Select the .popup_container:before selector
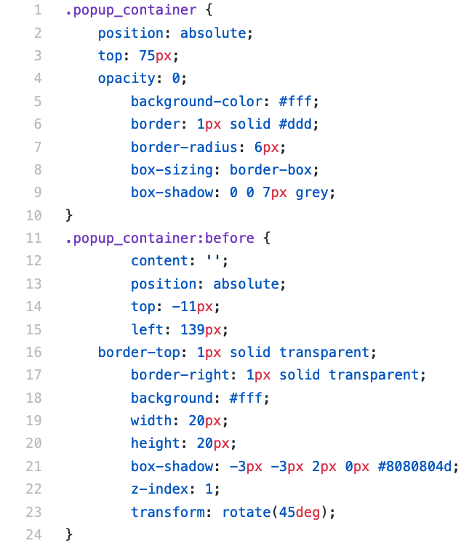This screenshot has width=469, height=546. (x=159, y=238)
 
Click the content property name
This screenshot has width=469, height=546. (x=155, y=261)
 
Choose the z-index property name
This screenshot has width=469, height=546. (x=155, y=489)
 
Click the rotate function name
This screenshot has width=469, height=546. (x=249, y=512)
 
